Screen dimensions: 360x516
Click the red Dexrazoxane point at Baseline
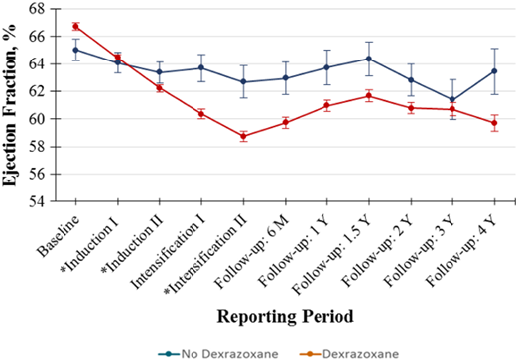point(76,26)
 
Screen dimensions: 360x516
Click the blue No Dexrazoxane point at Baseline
point(76,49)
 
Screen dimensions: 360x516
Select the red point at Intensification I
point(201,113)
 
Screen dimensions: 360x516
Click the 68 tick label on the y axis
point(37,8)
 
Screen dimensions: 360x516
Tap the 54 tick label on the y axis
point(37,201)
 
